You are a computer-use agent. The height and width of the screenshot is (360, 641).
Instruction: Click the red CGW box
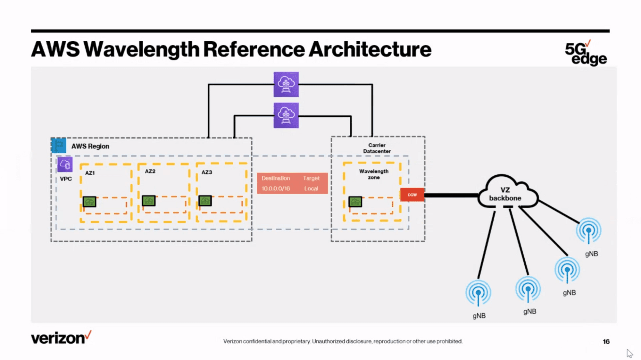(x=412, y=195)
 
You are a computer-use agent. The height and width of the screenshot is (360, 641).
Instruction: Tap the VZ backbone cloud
(x=505, y=194)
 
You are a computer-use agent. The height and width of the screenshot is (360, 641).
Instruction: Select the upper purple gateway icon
(x=286, y=84)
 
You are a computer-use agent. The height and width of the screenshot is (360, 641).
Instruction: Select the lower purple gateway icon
(x=286, y=115)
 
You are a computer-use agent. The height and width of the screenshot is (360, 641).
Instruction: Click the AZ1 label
(x=90, y=173)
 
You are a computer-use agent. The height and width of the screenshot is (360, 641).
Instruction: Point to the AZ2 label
(x=150, y=171)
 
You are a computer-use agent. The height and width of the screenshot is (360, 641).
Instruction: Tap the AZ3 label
(x=207, y=172)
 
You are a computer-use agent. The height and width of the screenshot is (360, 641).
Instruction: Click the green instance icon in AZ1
(x=89, y=202)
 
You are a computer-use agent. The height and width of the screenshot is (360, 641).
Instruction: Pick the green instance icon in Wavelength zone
(x=355, y=202)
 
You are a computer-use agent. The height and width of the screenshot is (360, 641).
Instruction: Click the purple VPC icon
(x=65, y=165)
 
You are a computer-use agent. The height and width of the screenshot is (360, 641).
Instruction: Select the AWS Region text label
(x=90, y=146)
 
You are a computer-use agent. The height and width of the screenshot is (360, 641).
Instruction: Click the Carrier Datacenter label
(x=377, y=148)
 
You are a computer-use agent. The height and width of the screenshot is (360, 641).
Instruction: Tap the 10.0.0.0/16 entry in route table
(x=276, y=188)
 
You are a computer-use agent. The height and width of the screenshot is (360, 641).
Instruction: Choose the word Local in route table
(x=311, y=188)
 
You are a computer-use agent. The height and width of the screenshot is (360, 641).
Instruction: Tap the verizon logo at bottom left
(x=61, y=338)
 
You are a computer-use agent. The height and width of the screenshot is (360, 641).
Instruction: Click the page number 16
(x=606, y=341)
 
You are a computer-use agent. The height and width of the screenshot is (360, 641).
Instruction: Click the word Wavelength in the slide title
(x=141, y=49)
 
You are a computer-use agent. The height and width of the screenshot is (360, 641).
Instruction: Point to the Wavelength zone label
(x=374, y=174)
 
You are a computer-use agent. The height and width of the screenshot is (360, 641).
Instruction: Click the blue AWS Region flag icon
(x=59, y=146)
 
